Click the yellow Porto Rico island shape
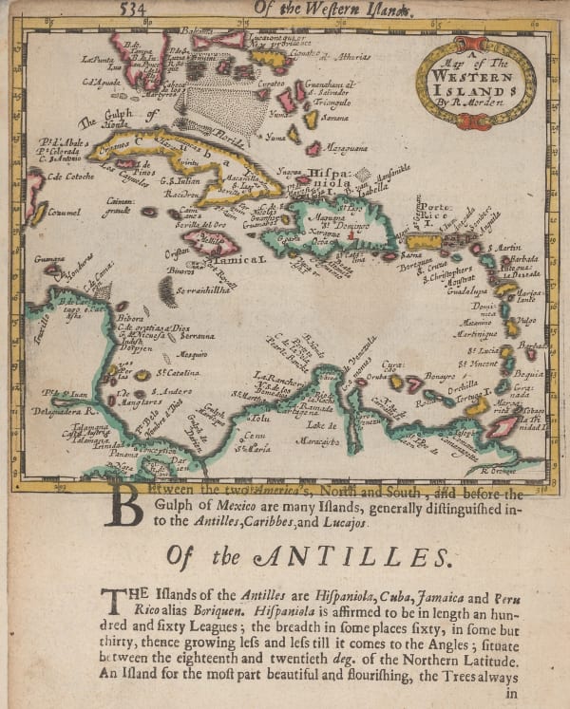(425, 241)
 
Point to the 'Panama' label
(122, 454)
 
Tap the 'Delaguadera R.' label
(66, 412)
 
